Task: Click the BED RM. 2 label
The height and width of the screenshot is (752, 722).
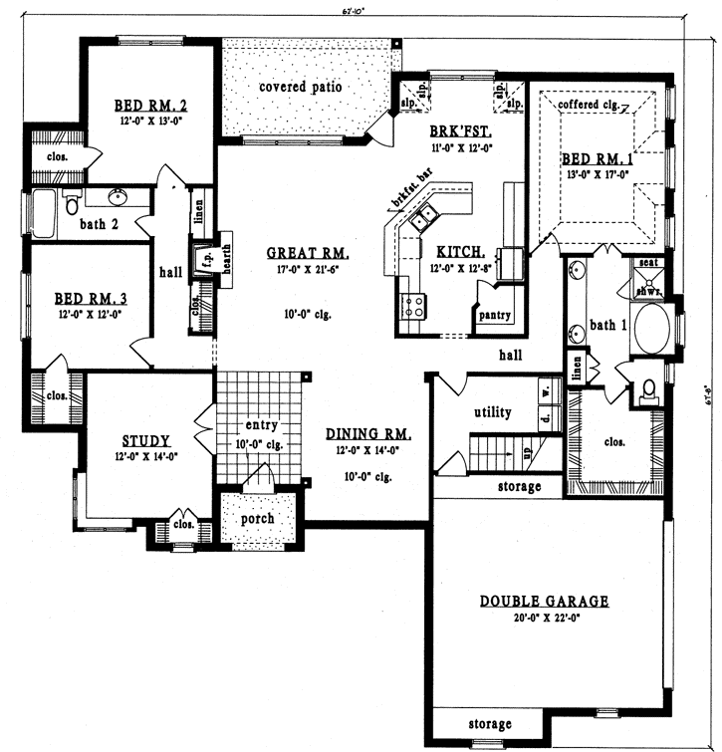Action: (x=150, y=104)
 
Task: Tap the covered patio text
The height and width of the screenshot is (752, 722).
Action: (x=300, y=87)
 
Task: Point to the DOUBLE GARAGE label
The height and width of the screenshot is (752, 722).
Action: (x=544, y=601)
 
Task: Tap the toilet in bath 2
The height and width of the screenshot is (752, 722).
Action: (x=72, y=204)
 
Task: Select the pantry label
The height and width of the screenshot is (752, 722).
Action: (x=495, y=316)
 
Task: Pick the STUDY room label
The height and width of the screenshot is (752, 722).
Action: (x=146, y=440)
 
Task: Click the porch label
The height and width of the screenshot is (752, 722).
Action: (x=258, y=519)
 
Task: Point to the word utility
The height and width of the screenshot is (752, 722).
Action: (x=492, y=411)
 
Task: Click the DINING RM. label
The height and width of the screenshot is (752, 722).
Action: (x=368, y=434)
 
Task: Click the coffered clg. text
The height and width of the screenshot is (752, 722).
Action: (x=592, y=104)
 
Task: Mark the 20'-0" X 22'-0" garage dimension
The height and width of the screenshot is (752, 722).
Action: (x=544, y=618)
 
